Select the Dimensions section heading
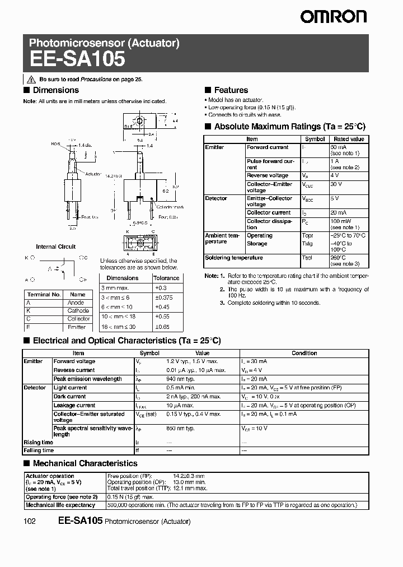tap(55, 90)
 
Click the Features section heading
tap(231, 90)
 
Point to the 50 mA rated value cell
tap(338, 147)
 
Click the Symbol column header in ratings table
tap(315, 139)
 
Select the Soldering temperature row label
tap(234, 258)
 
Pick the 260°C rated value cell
tap(339, 258)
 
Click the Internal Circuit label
tap(56, 247)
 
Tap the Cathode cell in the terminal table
tap(78, 310)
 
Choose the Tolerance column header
tap(166, 278)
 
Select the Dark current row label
tap(70, 397)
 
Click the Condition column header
tap(304, 354)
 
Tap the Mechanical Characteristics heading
tap(85, 463)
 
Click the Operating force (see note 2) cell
tap(62, 497)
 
